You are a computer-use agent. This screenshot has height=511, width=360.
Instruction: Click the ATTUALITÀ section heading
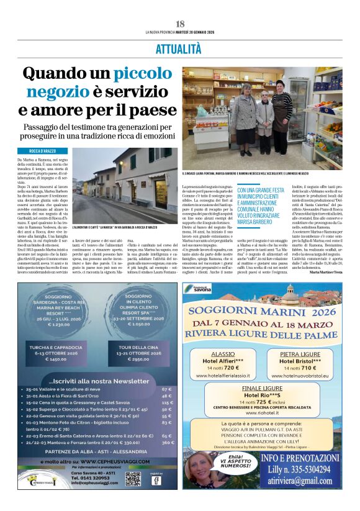tap(179, 48)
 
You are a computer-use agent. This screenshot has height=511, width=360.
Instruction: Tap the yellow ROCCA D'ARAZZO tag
tap(43, 151)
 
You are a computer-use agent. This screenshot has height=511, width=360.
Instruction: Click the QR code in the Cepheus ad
tap(133, 478)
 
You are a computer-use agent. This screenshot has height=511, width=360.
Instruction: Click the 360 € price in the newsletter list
tap(166, 443)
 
